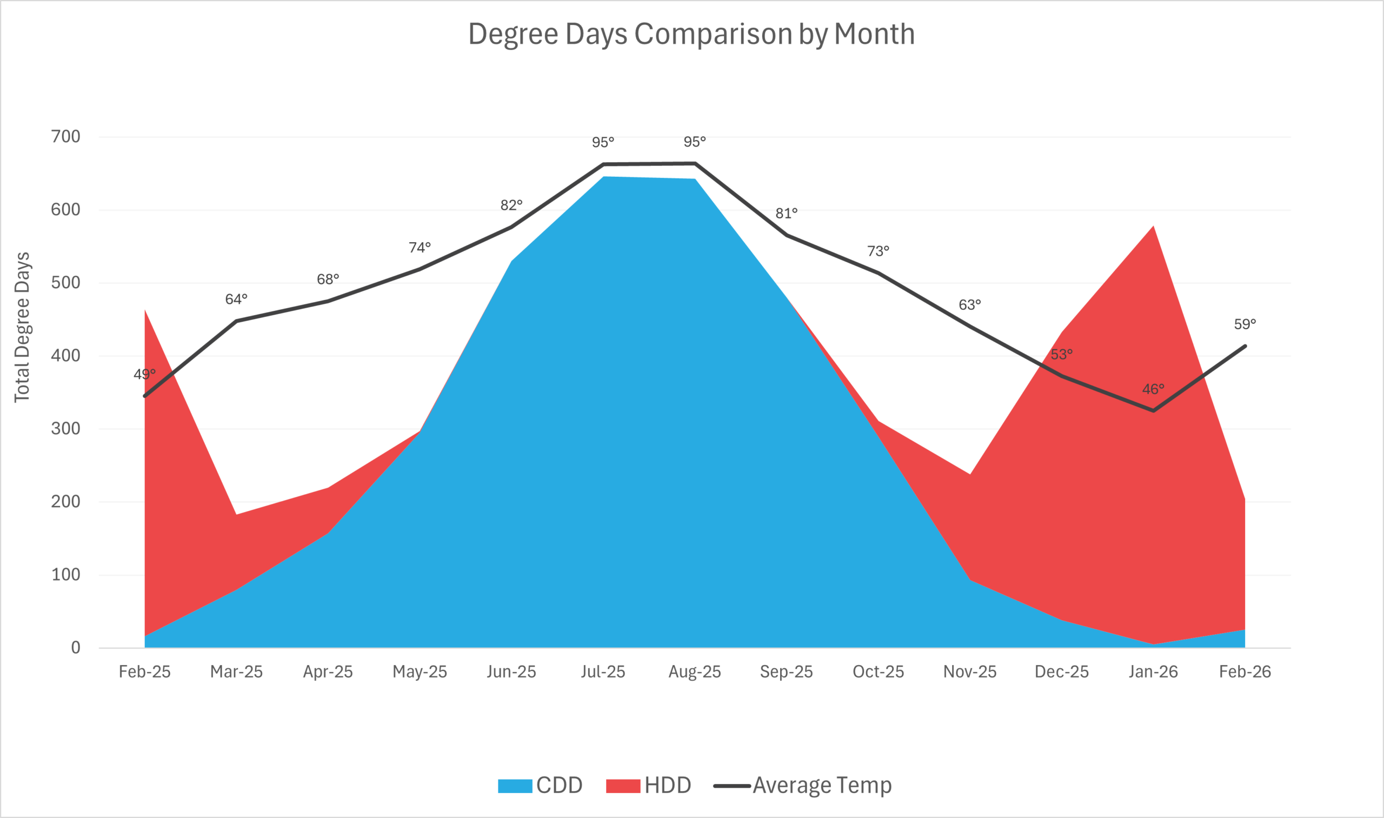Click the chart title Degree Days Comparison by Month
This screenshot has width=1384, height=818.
[x=691, y=34]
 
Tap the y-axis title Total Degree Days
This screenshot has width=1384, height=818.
[x=22, y=328]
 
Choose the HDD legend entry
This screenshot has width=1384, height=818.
[x=649, y=786]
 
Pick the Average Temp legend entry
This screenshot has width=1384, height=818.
[x=802, y=786]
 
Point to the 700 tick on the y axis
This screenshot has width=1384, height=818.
[x=65, y=136]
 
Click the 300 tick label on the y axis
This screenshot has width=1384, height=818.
[x=65, y=428]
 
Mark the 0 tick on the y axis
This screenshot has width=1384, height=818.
[x=76, y=648]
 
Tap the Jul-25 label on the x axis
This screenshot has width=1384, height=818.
[x=603, y=672]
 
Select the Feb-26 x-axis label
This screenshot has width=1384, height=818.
[x=1245, y=672]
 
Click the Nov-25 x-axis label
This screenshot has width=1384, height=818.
[x=970, y=672]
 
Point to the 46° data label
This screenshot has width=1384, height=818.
[x=1153, y=389]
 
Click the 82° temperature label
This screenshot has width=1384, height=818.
[x=511, y=205]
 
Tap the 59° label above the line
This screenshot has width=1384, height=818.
[x=1245, y=324]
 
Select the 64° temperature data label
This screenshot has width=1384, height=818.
[x=236, y=300]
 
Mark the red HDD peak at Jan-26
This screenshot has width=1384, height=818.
[x=1153, y=227]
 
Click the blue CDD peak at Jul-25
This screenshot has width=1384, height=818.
[x=603, y=177]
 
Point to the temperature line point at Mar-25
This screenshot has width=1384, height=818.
[x=236, y=321]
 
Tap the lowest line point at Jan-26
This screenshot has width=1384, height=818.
[x=1154, y=411]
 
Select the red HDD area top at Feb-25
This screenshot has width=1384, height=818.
[x=145, y=311]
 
